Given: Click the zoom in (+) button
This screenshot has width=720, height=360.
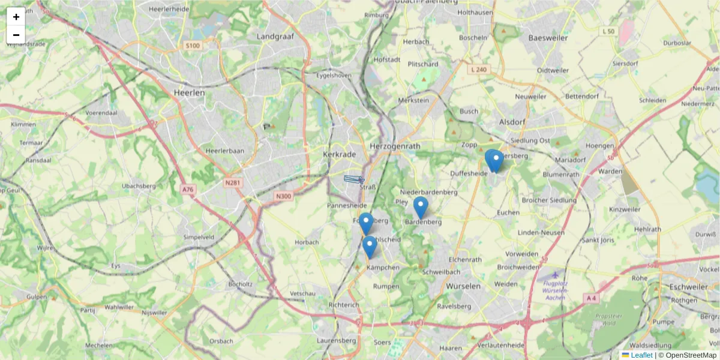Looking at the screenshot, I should [x=16, y=17].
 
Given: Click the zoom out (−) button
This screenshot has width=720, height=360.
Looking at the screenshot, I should [x=16, y=35].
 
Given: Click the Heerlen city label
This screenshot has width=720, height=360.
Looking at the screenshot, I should [x=189, y=93].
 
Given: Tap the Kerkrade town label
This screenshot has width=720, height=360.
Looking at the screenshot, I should [x=340, y=154].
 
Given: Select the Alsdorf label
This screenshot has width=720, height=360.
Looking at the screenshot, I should [x=512, y=122].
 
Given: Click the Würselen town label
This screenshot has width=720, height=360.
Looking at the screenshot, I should [x=463, y=286].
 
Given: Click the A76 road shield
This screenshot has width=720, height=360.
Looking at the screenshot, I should [x=188, y=189].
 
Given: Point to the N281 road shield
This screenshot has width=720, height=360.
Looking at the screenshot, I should [x=233, y=182].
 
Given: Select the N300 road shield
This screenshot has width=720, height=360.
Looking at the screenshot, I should [x=284, y=196].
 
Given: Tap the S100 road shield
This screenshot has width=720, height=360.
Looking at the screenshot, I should [x=193, y=46].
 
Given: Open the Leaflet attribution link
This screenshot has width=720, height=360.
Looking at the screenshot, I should [x=641, y=355].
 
